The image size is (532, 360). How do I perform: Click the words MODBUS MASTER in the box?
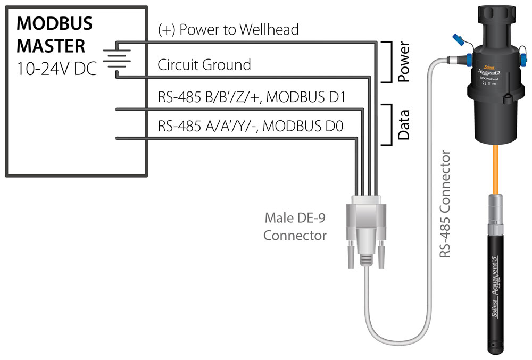55,35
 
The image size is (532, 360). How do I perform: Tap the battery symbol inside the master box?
112,57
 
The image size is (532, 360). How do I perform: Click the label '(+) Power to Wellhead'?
228,29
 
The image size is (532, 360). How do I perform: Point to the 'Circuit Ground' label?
204,65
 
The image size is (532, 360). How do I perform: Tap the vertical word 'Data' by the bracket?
403,124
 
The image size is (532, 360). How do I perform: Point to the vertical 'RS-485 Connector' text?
445,205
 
